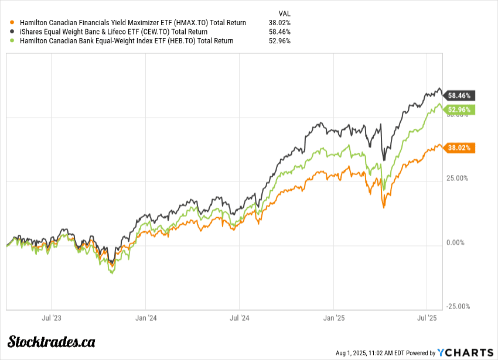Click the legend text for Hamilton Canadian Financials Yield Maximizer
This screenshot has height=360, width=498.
click(x=133, y=23)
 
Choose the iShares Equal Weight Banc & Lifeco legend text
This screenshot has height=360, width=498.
click(x=114, y=32)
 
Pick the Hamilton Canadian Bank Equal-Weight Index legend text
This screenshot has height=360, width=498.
click(x=127, y=41)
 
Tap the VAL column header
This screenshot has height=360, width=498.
click(x=284, y=13)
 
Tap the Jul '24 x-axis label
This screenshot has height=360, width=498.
click(x=239, y=318)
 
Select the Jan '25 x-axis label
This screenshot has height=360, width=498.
click(x=333, y=318)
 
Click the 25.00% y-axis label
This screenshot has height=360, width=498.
click(x=456, y=179)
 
